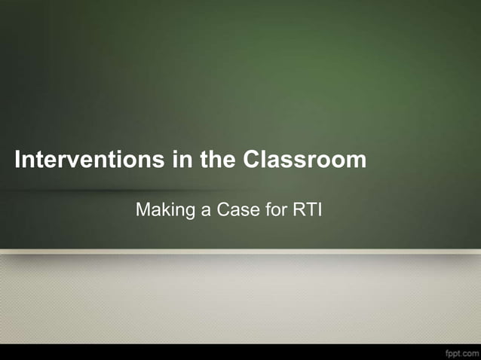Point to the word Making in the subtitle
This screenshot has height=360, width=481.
[163, 210]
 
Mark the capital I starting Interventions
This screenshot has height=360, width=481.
[19, 160]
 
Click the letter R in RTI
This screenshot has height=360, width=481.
[298, 209]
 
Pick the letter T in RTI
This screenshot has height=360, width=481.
[310, 209]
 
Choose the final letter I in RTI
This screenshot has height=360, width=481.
[319, 209]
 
